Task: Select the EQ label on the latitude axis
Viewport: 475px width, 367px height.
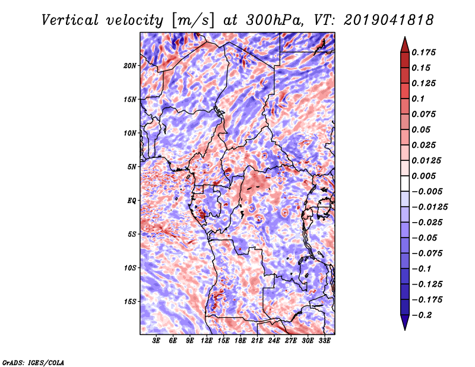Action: pos(132,200)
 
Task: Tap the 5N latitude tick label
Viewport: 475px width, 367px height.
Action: pos(132,166)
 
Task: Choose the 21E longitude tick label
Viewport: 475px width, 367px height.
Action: pos(257,341)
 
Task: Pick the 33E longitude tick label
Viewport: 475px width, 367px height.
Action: pos(324,341)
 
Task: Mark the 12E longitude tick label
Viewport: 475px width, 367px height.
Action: pos(207,341)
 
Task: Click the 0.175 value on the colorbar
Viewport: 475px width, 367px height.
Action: pos(426,52)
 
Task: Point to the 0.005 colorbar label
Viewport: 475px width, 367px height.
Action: pos(426,176)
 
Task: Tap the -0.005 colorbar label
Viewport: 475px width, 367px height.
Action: pos(427,191)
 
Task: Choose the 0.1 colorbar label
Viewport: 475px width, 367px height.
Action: pos(420,99)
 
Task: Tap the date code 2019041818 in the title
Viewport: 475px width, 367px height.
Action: pos(387,20)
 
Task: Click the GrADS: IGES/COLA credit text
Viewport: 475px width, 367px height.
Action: pos(33,362)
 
